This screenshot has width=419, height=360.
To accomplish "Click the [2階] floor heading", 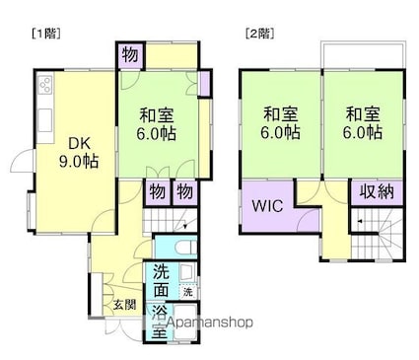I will (x=259, y=33).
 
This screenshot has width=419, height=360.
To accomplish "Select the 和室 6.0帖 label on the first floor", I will (x=156, y=123).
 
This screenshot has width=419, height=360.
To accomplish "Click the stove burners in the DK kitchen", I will (x=45, y=89).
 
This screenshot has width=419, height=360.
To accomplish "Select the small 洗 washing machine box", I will (x=187, y=292).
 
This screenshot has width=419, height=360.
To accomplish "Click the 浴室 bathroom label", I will (x=160, y=324).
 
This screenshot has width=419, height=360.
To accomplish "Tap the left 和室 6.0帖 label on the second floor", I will (x=280, y=123).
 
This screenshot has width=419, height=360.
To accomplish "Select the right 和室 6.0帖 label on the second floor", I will (x=362, y=123).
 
